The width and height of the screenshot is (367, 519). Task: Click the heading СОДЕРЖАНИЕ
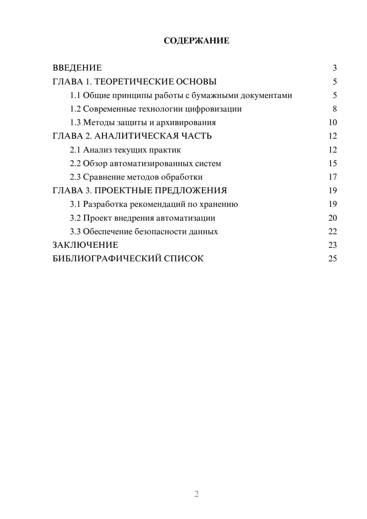pyautogui.click(x=196, y=41)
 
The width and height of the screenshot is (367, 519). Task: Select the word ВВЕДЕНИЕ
pyautogui.click(x=77, y=68)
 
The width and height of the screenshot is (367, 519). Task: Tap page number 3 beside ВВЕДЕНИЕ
pyautogui.click(x=334, y=68)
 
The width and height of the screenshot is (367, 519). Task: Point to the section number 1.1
pyautogui.click(x=75, y=95)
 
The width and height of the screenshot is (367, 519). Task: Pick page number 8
pyautogui.click(x=334, y=109)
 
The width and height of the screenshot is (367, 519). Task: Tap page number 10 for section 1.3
pyautogui.click(x=333, y=123)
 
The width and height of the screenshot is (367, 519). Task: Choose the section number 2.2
pyautogui.click(x=75, y=163)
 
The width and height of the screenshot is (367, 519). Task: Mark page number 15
pyautogui.click(x=333, y=163)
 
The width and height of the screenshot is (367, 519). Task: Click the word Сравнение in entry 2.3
pyautogui.click(x=103, y=177)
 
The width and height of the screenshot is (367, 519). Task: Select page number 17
pyautogui.click(x=333, y=177)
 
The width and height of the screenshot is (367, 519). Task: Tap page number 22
pyautogui.click(x=333, y=232)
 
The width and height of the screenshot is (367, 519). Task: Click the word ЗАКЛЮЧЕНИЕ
pyautogui.click(x=85, y=245)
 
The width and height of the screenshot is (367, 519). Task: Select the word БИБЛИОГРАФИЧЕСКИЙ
pyautogui.click(x=107, y=259)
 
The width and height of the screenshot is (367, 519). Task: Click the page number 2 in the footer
pyautogui.click(x=196, y=494)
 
